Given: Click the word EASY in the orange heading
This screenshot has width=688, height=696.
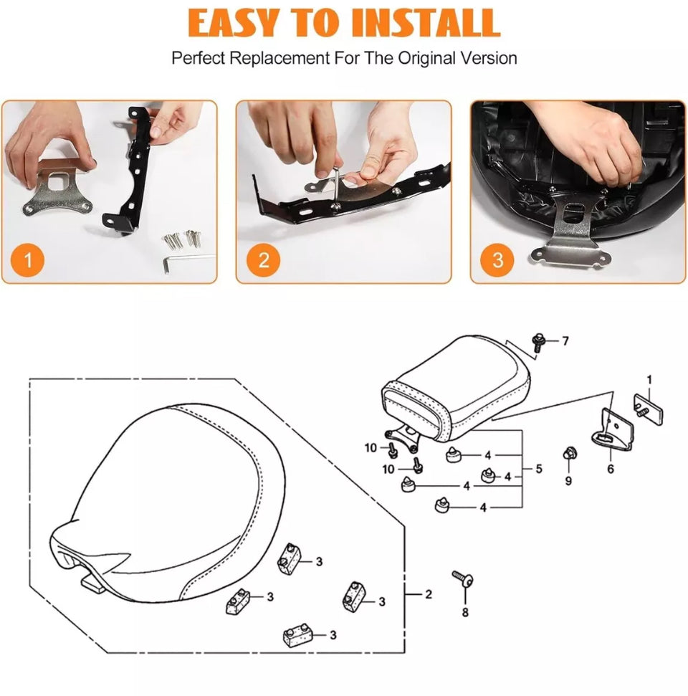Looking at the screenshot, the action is (x=234, y=22).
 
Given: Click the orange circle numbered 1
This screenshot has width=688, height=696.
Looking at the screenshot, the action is (x=27, y=260).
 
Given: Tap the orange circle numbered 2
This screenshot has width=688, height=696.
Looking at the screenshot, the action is (x=264, y=260).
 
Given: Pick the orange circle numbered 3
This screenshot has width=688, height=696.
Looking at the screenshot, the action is (x=497, y=260).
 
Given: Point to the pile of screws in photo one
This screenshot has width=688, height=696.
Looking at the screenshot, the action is (x=182, y=239).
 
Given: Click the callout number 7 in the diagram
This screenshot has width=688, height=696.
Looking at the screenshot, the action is (x=565, y=341).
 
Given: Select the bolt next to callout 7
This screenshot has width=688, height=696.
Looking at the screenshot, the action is (x=538, y=343).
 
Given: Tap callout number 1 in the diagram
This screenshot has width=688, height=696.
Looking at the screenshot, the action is (x=649, y=380).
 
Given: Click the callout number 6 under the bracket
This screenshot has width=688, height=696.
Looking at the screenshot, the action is (x=611, y=469).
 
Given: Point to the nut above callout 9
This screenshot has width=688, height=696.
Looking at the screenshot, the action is (x=568, y=454).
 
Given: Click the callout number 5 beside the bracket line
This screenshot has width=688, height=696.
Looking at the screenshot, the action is (x=539, y=469).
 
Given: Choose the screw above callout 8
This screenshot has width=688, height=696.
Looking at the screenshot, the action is (x=462, y=578).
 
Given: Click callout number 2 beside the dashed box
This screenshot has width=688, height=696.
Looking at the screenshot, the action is (x=429, y=594).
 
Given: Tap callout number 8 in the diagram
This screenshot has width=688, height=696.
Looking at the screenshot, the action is (x=465, y=613).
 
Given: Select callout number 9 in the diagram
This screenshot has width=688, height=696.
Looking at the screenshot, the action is (x=568, y=481).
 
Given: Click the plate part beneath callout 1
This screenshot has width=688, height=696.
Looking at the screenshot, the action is (x=649, y=409).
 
